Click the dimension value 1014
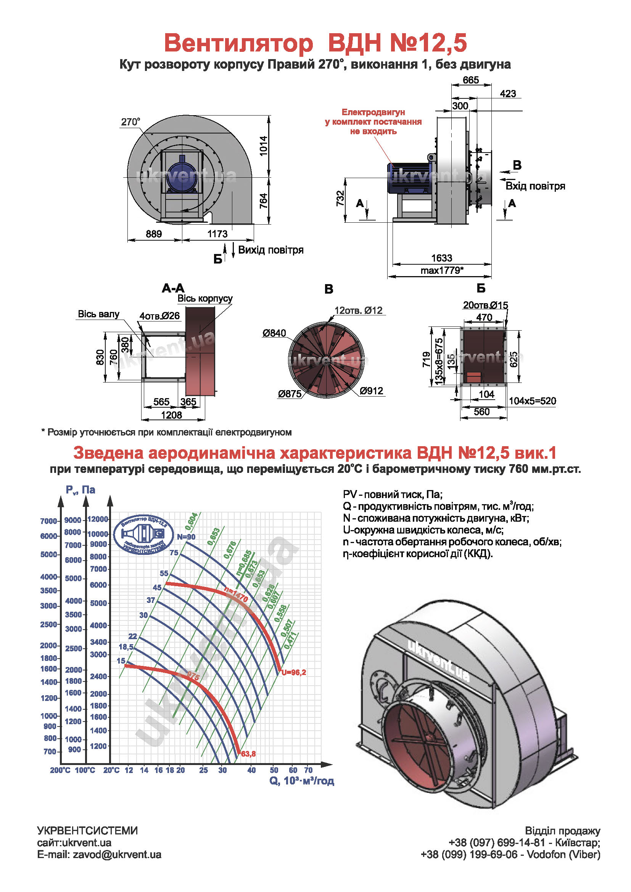[264, 146]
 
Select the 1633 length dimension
[442, 258]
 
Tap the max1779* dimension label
[442, 270]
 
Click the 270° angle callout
[130, 122]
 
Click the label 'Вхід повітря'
[535, 186]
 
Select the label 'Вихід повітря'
[271, 250]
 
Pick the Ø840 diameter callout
[274, 333]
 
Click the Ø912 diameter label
[372, 391]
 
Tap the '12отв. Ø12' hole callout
[358, 310]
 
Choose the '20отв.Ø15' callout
[485, 305]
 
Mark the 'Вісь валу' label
[99, 314]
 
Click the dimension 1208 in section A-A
[171, 415]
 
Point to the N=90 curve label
[186, 537]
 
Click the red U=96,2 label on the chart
[294, 672]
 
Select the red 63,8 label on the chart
[248, 754]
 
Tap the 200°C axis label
[60, 770]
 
